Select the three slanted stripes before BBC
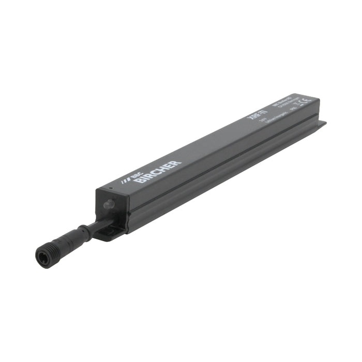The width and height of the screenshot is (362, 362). pyautogui.click(x=123, y=182)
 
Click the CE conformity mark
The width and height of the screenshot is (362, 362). pyautogui.click(x=305, y=101)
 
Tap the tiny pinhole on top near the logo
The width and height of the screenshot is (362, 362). pyautogui.click(x=110, y=187)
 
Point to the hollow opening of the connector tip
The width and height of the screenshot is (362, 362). pyautogui.click(x=43, y=255)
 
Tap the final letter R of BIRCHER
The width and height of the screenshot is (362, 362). pyautogui.click(x=177, y=163)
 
